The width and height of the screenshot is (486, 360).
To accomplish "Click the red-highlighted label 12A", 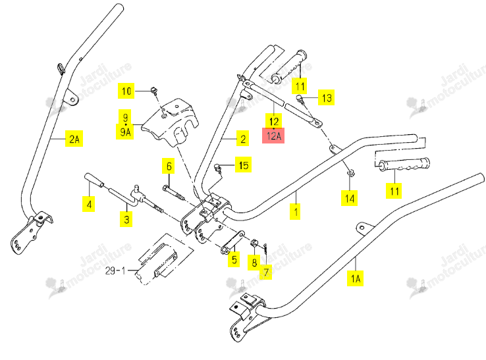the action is click(273, 136).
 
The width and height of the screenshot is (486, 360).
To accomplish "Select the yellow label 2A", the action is click(74, 138).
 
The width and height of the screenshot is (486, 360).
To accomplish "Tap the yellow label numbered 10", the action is click(126, 91).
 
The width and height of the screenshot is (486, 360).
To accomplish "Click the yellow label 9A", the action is click(125, 132).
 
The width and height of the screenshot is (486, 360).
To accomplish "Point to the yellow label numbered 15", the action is click(243, 165).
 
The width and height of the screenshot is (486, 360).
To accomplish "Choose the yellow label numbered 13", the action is click(327, 97).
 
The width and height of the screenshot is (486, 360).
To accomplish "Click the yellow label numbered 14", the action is click(349, 198).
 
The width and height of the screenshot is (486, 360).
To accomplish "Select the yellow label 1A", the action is click(355, 278).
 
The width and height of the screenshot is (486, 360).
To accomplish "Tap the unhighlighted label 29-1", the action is click(115, 270).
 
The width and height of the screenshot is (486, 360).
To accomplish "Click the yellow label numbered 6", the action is click(169, 166).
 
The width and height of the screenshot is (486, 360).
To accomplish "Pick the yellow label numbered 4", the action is click(89, 204).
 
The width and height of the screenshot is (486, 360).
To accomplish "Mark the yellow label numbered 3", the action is click(126, 219).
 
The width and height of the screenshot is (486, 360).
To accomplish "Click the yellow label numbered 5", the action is click(234, 259).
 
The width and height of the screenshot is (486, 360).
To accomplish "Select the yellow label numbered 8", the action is click(254, 263).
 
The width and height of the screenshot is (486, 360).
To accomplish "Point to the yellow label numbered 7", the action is click(266, 272).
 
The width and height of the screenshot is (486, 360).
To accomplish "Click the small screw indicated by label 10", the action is click(154, 90).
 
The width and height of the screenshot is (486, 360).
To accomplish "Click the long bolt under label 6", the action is click(173, 192).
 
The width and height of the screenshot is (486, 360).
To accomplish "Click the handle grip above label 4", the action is click(95, 180).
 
